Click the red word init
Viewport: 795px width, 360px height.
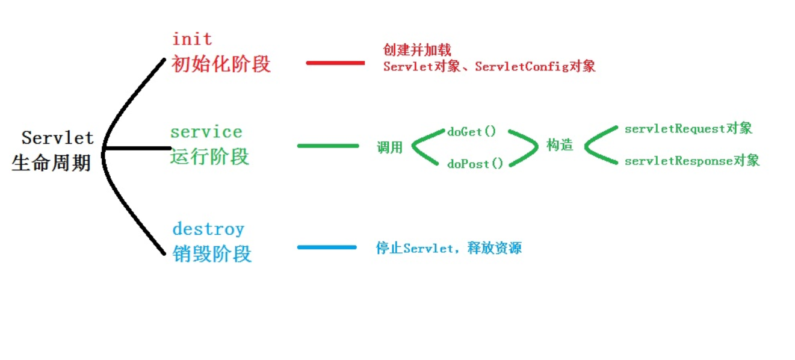(192, 40)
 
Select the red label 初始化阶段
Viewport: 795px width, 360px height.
(221, 64)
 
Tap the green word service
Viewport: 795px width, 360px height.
(206, 132)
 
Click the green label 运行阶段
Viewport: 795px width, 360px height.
(209, 157)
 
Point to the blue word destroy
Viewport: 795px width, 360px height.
(208, 229)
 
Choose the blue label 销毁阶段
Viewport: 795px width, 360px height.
(212, 253)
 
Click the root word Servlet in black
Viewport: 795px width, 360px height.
(58, 138)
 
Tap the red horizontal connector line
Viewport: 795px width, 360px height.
(335, 63)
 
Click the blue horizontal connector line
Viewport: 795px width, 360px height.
(327, 247)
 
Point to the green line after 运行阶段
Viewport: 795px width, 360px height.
(328, 146)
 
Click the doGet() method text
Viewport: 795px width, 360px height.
(472, 132)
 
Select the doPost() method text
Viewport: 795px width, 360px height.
(475, 164)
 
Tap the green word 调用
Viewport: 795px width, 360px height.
(389, 147)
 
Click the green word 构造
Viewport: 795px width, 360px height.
(560, 146)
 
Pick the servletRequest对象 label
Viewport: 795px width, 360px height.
(688, 129)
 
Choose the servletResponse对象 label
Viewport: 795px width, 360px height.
(692, 161)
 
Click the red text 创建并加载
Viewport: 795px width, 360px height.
(417, 50)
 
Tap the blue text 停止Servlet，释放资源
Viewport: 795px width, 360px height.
(449, 248)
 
